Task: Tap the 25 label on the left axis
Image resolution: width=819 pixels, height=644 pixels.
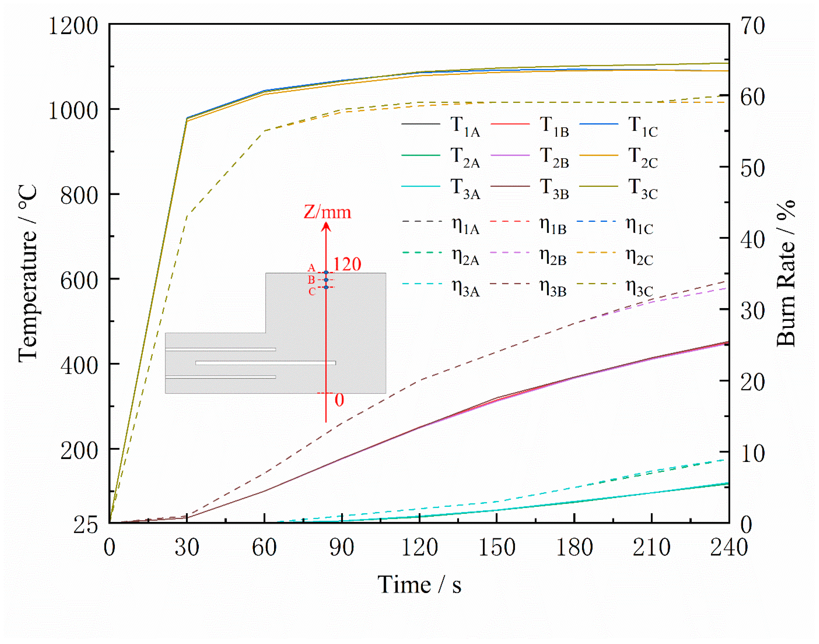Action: (85, 524)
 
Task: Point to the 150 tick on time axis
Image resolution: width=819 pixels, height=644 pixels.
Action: (497, 548)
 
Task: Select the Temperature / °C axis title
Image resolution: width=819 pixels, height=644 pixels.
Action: (28, 273)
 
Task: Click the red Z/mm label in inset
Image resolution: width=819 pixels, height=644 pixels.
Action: (327, 212)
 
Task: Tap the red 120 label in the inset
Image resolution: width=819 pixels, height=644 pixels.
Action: (347, 264)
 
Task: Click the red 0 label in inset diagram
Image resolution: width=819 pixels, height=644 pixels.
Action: (339, 400)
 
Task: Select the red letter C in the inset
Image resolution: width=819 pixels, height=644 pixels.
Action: (312, 292)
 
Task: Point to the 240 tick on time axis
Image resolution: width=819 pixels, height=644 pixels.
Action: (729, 548)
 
